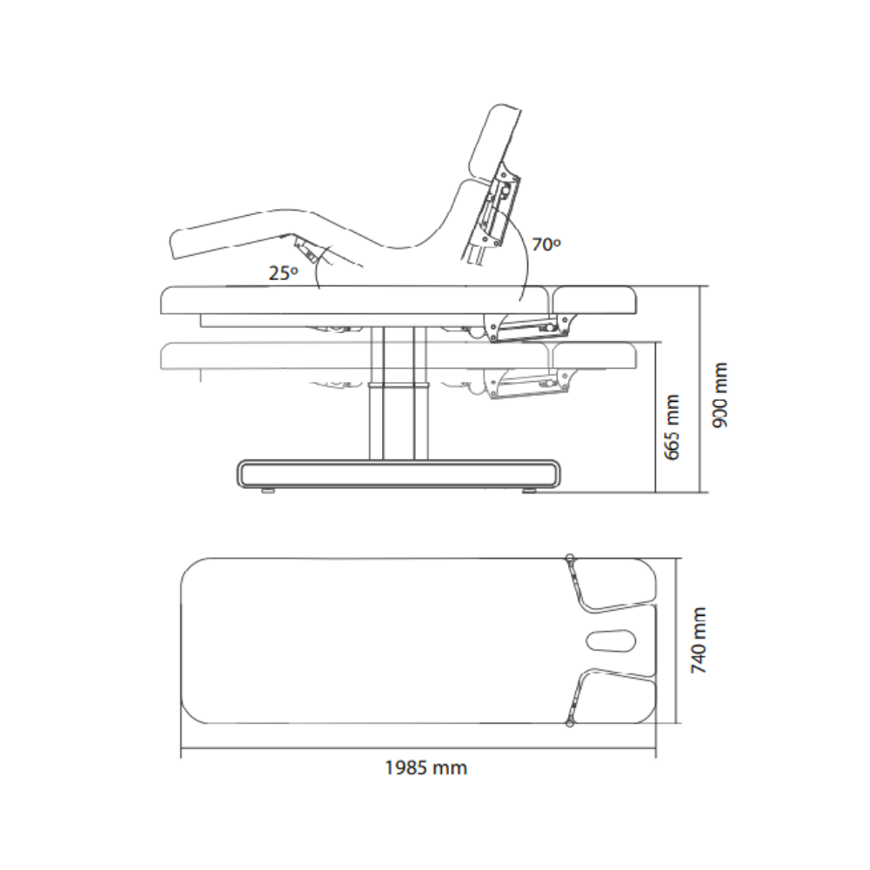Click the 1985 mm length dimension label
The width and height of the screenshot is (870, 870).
pos(426,768)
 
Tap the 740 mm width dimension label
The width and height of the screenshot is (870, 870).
pos(699,640)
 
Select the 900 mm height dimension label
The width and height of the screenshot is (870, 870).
pos(719,394)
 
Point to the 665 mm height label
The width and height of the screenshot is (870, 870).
pos(672,426)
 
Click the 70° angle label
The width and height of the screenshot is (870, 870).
pos(546,244)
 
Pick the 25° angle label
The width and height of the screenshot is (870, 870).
pos(284,273)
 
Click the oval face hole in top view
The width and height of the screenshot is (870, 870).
pos(611,640)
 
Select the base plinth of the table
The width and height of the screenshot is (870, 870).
pos(398,473)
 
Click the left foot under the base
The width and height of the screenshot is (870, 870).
pos(269,491)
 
